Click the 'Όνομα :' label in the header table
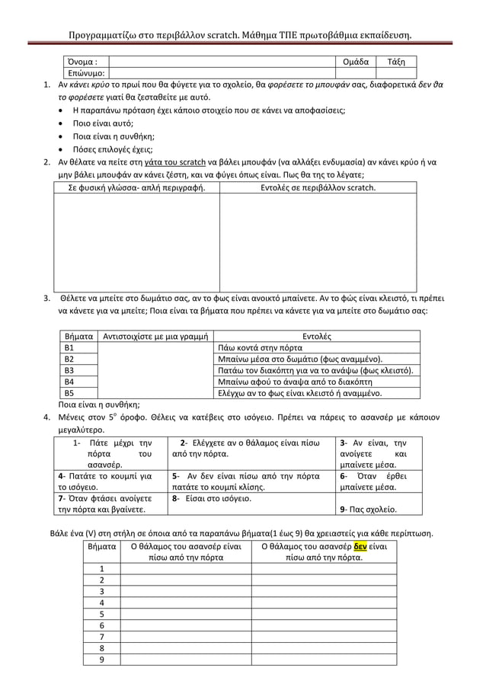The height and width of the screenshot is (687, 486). coord(83,62)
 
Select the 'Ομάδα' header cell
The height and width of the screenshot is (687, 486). coord(357,62)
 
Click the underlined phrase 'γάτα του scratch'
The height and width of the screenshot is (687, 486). coord(174,162)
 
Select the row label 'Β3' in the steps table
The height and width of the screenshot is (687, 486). coord(69,370)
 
